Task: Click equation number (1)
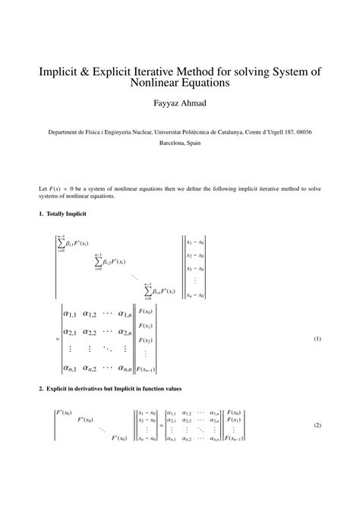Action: coord(317,340)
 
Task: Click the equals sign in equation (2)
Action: coord(160,425)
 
